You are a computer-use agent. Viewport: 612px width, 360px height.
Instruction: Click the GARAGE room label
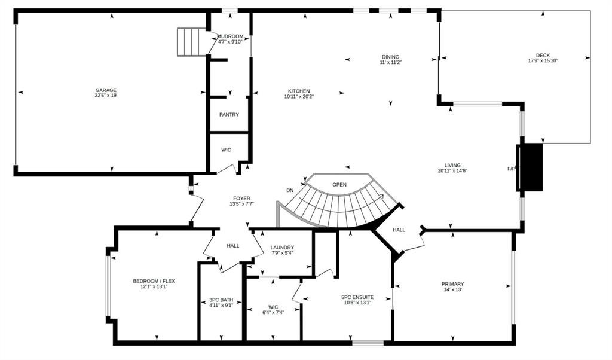tap(106, 90)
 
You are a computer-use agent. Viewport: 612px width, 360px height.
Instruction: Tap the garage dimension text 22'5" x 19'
tap(106, 95)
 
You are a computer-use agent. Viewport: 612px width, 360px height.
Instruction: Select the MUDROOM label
tap(230, 36)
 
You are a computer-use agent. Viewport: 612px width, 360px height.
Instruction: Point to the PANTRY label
tap(229, 115)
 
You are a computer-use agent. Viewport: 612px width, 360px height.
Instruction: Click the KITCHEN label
tap(299, 91)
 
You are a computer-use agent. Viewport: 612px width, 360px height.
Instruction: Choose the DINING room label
tap(391, 57)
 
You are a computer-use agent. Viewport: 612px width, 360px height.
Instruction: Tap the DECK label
tap(543, 56)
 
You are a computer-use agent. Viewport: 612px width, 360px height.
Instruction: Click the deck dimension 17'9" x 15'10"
tap(543, 60)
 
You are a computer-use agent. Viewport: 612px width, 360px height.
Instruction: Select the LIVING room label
tap(453, 165)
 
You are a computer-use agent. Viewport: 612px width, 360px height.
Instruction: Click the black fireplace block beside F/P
tap(530, 167)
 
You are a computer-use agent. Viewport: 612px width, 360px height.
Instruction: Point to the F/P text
tap(512, 169)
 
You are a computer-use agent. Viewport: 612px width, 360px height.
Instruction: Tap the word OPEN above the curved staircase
tap(339, 185)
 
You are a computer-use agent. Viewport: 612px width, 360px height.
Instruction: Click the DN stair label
tap(290, 191)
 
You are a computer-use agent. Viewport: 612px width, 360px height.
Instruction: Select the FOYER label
tap(242, 199)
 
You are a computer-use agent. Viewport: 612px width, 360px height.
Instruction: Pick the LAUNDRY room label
tap(282, 248)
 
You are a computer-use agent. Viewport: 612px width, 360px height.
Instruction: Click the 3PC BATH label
tap(221, 300)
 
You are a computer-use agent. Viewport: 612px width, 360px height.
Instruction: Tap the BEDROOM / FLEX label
tap(154, 281)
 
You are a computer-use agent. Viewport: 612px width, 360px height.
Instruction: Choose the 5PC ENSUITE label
tap(357, 297)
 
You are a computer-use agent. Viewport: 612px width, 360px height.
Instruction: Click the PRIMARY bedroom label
tap(453, 284)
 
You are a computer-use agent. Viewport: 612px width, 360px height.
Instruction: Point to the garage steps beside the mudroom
tap(192, 42)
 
